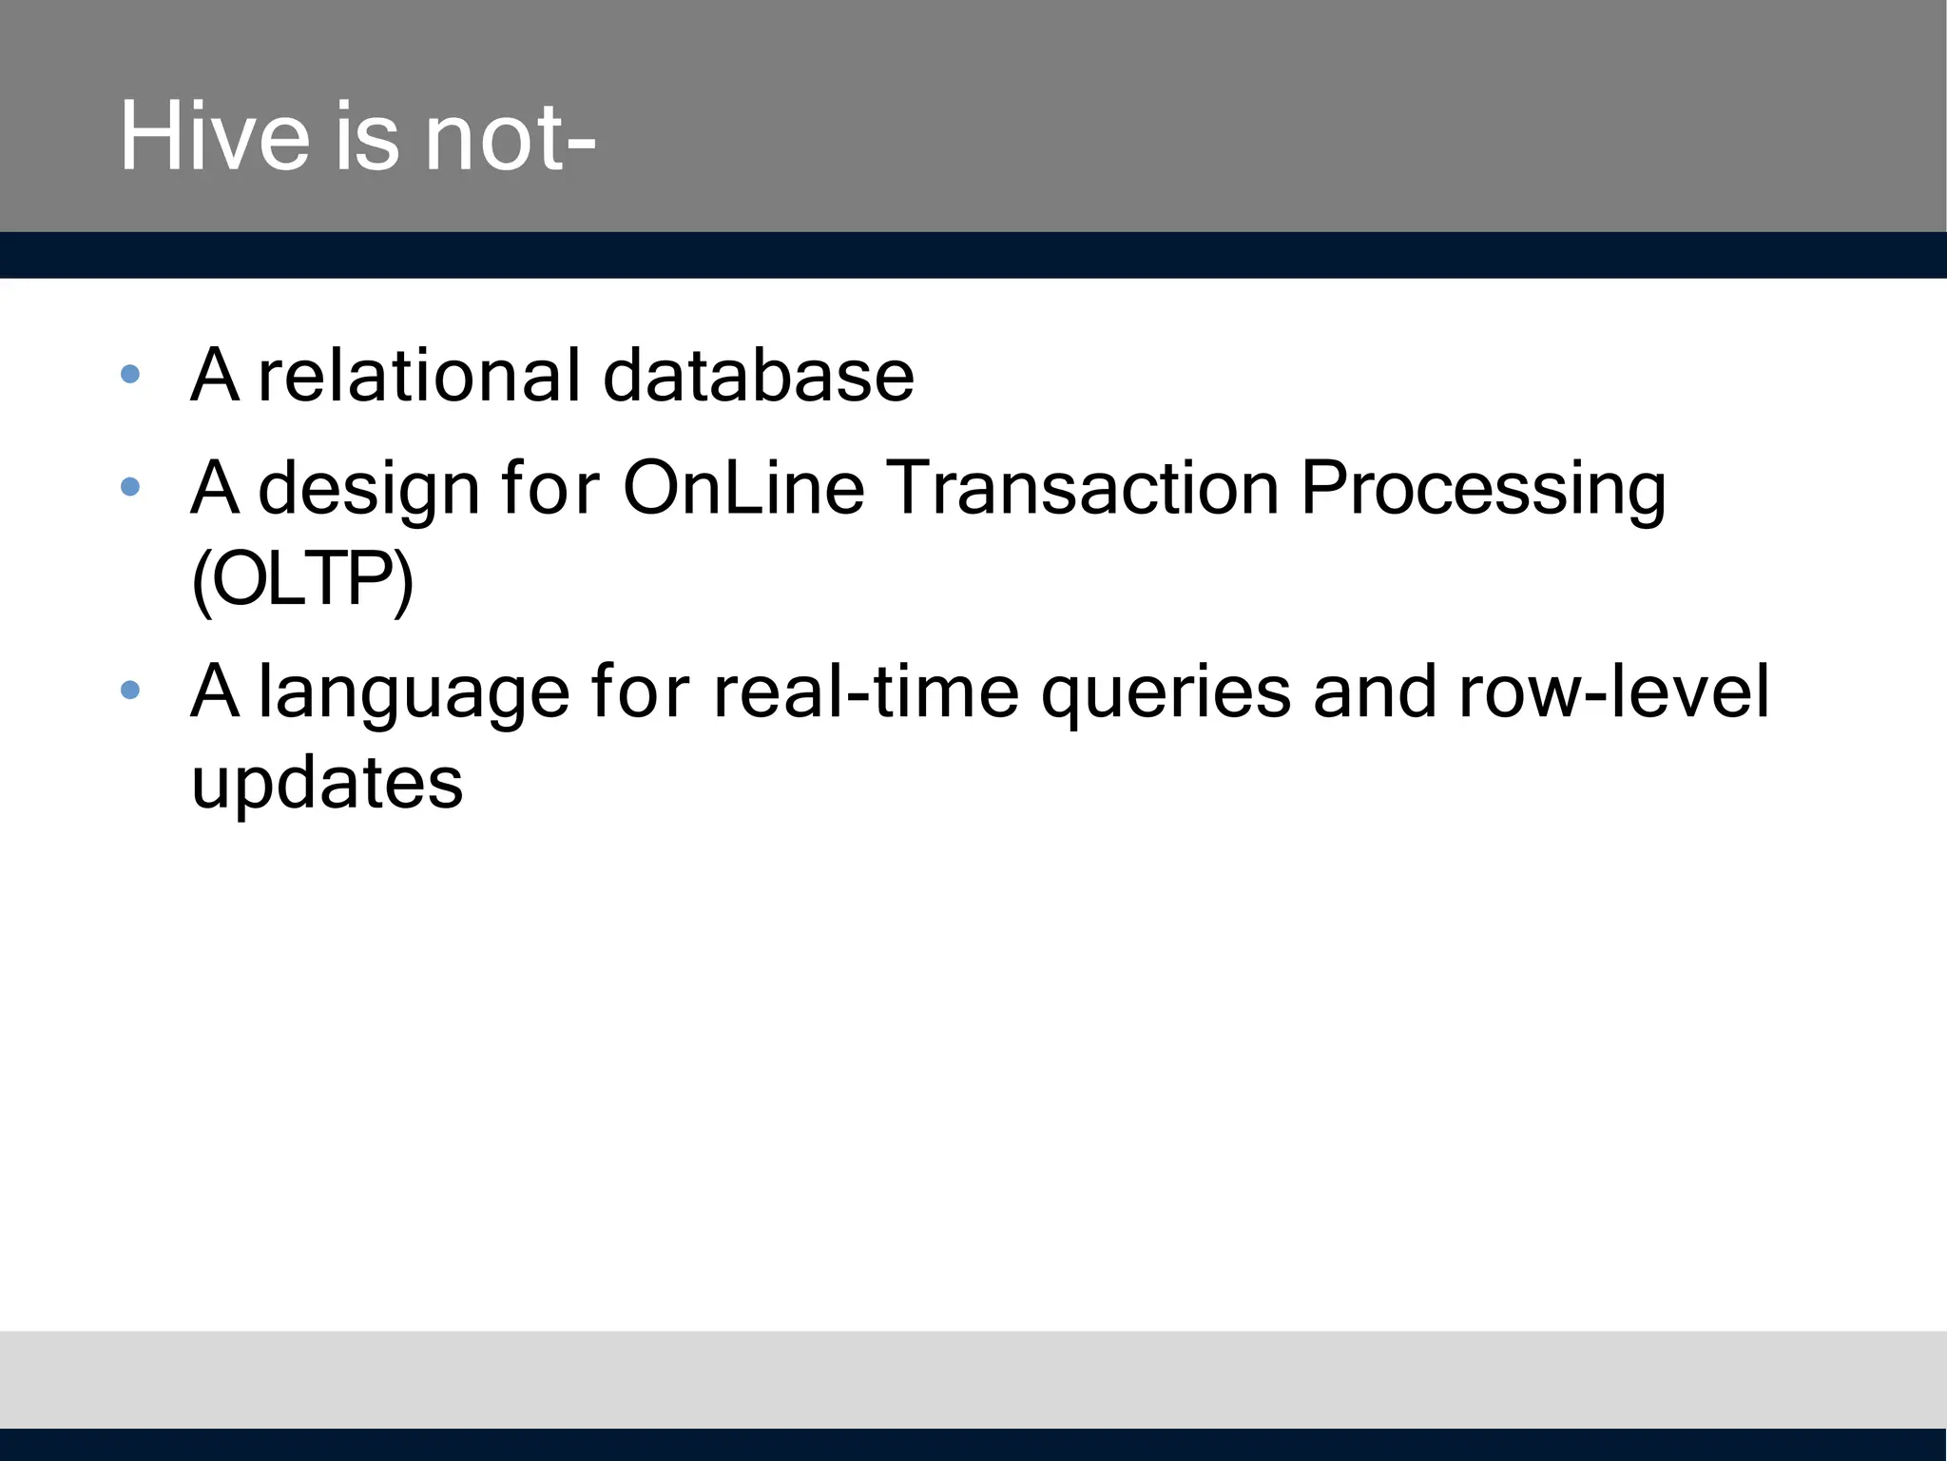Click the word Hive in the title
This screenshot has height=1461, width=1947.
[x=214, y=137]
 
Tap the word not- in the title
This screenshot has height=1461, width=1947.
[x=511, y=139]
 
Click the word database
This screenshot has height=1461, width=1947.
[x=758, y=375]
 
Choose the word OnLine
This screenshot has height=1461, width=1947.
[x=743, y=488]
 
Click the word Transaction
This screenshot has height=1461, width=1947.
[x=1084, y=488]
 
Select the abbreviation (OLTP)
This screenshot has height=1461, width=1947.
[x=302, y=579]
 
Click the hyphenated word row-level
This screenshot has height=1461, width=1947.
[x=1613, y=692]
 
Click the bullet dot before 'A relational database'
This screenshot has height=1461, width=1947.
[x=131, y=374]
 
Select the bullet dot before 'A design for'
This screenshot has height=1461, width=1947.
[x=131, y=487]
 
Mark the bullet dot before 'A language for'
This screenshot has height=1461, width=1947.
[x=131, y=690]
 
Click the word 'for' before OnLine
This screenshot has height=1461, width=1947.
[x=550, y=488]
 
